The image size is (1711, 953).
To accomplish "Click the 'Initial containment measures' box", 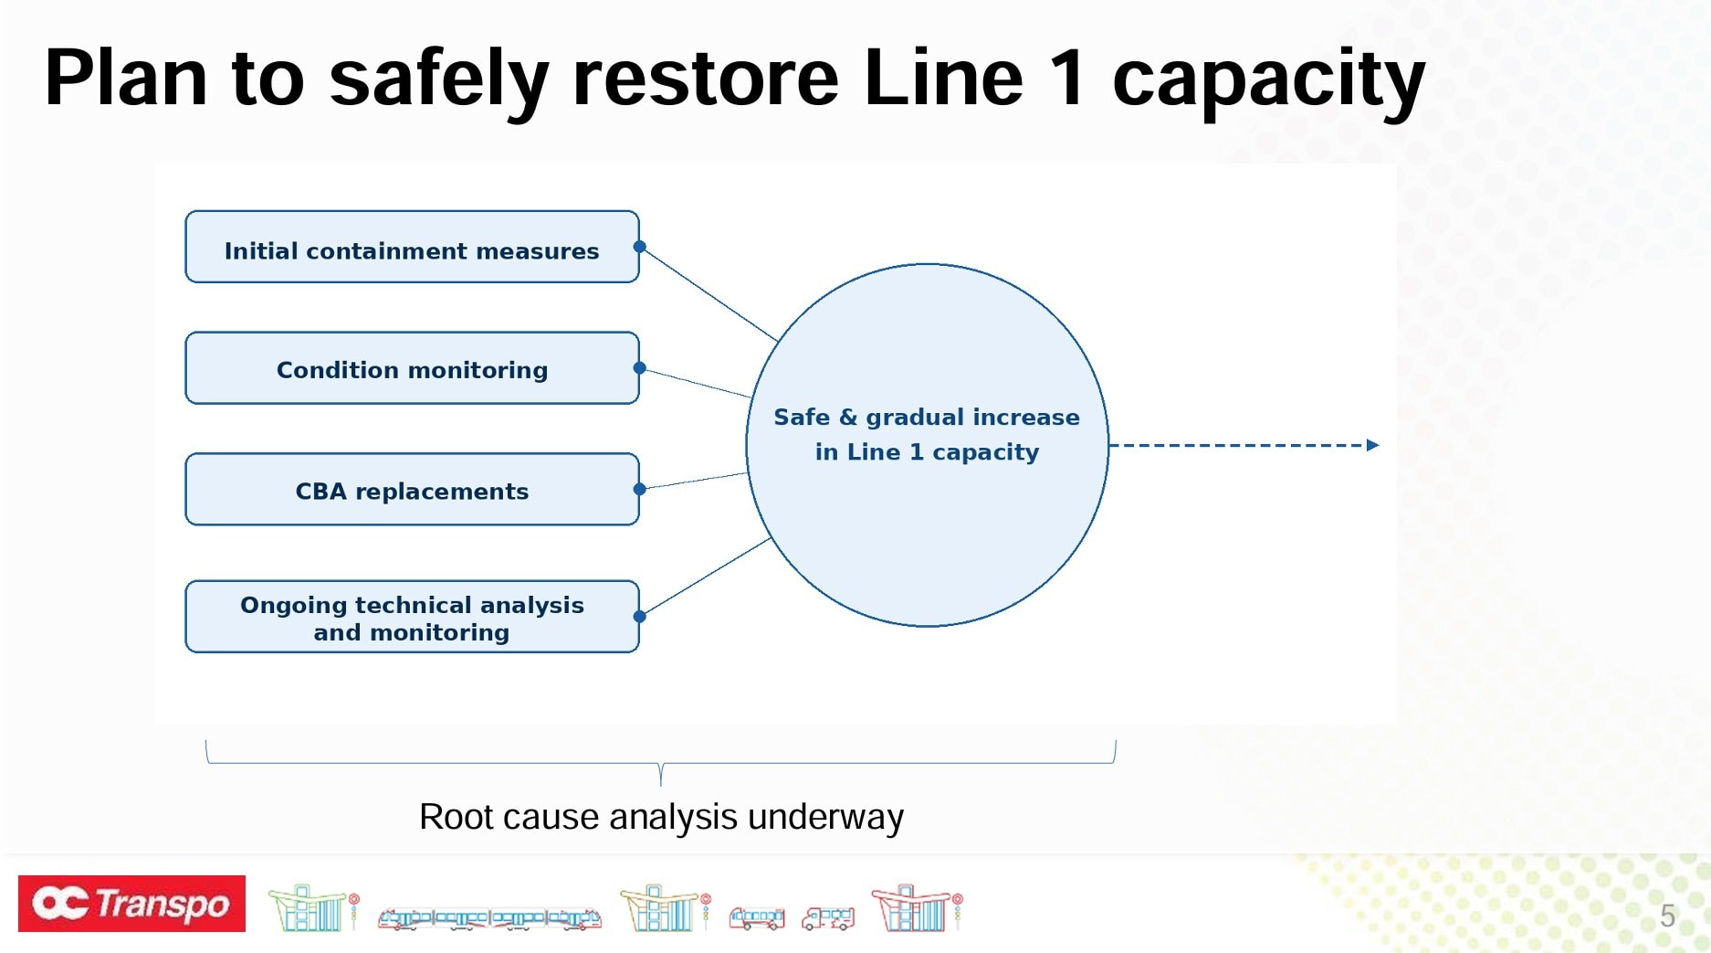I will pyautogui.click(x=412, y=247).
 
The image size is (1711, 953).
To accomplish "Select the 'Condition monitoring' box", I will pyautogui.click(x=412, y=368).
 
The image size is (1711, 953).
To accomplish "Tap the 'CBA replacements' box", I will pyautogui.click(x=412, y=490).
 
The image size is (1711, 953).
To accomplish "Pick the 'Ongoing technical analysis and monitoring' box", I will pyautogui.click(x=412, y=617).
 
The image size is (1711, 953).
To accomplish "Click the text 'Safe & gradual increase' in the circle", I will pyautogui.click(x=926, y=418).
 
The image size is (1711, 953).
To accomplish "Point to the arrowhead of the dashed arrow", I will pyautogui.click(x=1372, y=445).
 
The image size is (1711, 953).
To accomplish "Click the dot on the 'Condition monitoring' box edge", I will pyautogui.click(x=640, y=368).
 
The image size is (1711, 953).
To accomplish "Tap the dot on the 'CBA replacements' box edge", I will pyautogui.click(x=640, y=490).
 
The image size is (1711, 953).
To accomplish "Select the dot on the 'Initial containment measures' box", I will pyautogui.click(x=640, y=247).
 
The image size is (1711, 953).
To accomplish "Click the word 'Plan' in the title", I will pyautogui.click(x=126, y=79).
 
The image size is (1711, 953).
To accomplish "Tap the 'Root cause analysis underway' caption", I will pyautogui.click(x=661, y=817).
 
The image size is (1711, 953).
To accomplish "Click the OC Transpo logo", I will pyautogui.click(x=132, y=904).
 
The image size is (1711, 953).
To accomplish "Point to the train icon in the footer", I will pyautogui.click(x=489, y=917).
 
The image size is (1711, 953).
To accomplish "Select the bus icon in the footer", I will pyautogui.click(x=756, y=917).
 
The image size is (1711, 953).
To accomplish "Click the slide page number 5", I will pyautogui.click(x=1667, y=916).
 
